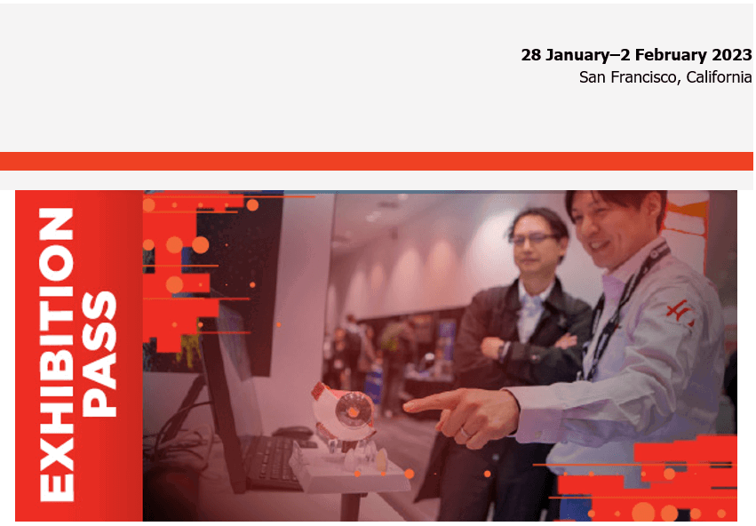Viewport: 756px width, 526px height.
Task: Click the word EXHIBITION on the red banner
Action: pyautogui.click(x=56, y=354)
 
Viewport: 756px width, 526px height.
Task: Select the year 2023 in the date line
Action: pyautogui.click(x=732, y=54)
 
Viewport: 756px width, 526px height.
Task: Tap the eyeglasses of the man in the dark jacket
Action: pyautogui.click(x=534, y=239)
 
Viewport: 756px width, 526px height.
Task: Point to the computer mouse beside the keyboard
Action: pyautogui.click(x=294, y=433)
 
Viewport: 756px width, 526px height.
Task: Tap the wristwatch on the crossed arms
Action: pyautogui.click(x=505, y=350)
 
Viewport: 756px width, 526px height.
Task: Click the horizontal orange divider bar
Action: pyautogui.click(x=377, y=161)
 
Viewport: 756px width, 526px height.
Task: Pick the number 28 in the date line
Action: pyautogui.click(x=530, y=54)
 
